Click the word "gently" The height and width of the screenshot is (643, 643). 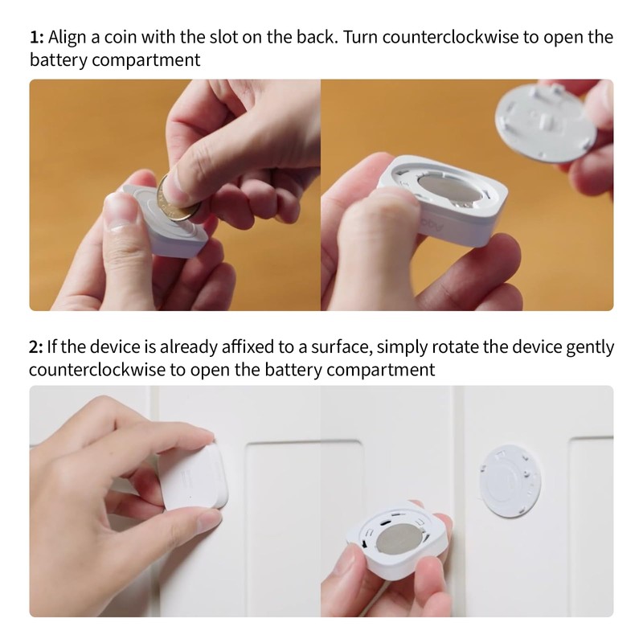pos(586,348)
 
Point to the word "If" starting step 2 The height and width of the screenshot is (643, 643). pos(54,346)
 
